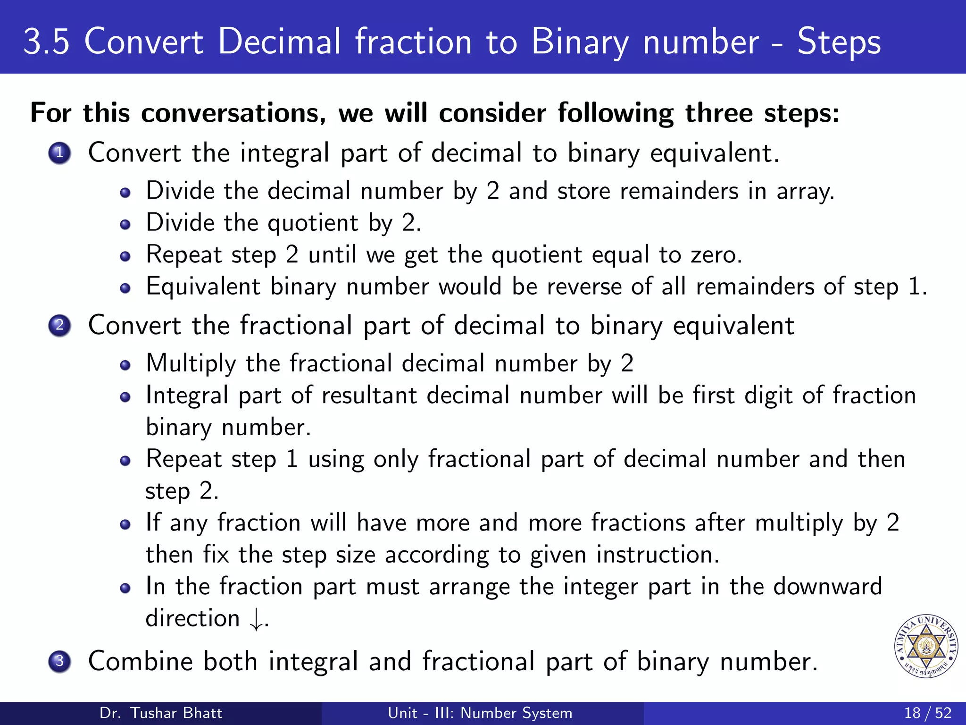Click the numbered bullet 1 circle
pos(59,153)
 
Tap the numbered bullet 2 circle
pos(59,325)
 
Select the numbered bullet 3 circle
pos(59,661)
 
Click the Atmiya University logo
pos(926,646)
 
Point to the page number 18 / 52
pos(927,713)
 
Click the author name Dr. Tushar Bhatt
pos(161,713)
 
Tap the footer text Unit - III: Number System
pos(480,713)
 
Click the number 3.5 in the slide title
pos(46,42)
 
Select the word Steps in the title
pos(839,42)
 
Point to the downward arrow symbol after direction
pos(256,619)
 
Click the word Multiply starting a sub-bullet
pos(191,364)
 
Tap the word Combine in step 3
pos(140,661)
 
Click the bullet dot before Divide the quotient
pos(125,224)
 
